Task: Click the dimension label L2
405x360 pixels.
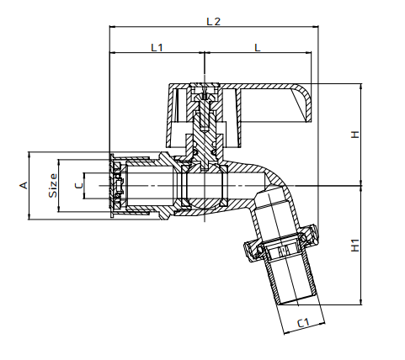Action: tap(213, 21)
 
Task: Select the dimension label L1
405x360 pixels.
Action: tap(157, 48)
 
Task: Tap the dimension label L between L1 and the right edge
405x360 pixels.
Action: tap(257, 48)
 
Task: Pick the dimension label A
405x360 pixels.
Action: tap(24, 185)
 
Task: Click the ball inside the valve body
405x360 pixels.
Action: tap(202, 184)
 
